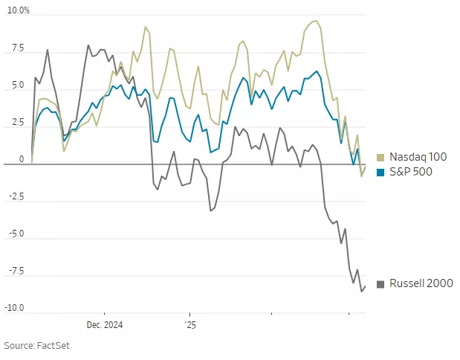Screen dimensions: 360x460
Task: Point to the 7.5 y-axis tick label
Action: coord(16,48)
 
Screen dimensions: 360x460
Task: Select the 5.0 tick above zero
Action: coord(16,86)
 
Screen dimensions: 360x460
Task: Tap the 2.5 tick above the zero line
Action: coord(16,123)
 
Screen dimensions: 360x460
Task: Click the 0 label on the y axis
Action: coord(21,159)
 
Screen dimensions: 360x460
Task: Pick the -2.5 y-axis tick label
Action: coord(15,197)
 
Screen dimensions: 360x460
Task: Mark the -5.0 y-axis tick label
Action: coord(15,234)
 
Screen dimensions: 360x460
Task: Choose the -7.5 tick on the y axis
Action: coord(15,271)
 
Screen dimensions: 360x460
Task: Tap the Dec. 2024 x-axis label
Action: coord(104,325)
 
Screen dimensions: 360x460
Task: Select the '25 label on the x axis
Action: coord(190,325)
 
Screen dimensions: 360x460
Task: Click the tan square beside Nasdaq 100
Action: coord(381,158)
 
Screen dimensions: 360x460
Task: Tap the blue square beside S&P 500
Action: coord(381,173)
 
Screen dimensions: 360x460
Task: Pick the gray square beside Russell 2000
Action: coord(381,284)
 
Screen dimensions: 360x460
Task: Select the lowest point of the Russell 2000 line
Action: coord(361,291)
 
